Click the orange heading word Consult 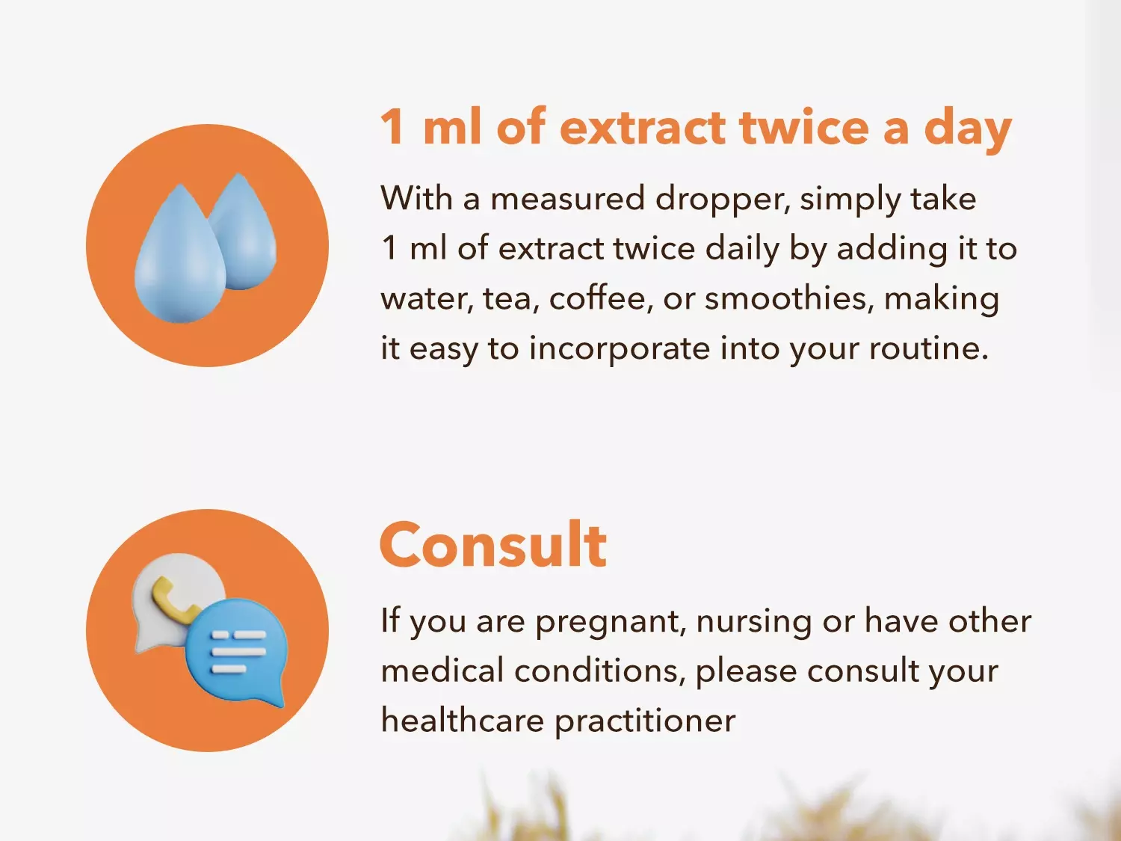pyautogui.click(x=493, y=545)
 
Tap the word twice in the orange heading pyautogui.click(x=804, y=127)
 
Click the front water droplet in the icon pyautogui.click(x=180, y=253)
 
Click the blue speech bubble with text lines pyautogui.click(x=237, y=652)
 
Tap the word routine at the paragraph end pyautogui.click(x=928, y=348)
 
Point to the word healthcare pyautogui.click(x=463, y=720)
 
